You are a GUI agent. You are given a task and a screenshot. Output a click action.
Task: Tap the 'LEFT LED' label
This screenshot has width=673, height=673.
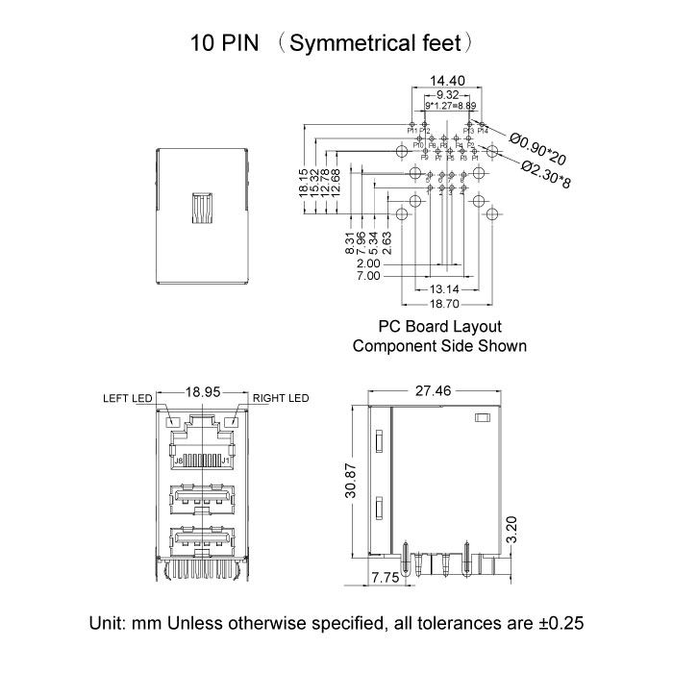point(129,397)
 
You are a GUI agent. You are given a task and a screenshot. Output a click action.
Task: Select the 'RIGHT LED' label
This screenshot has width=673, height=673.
point(281,397)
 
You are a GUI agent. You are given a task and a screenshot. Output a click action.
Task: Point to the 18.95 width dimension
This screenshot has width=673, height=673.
point(203,392)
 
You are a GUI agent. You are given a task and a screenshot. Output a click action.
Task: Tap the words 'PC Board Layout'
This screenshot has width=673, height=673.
point(439,327)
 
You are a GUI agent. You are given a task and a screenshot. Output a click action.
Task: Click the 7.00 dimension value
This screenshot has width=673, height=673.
point(368,277)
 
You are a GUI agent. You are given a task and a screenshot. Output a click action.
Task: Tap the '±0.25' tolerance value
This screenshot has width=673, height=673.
point(560,623)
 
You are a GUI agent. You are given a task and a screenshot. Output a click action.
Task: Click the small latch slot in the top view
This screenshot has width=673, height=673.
point(202,208)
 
